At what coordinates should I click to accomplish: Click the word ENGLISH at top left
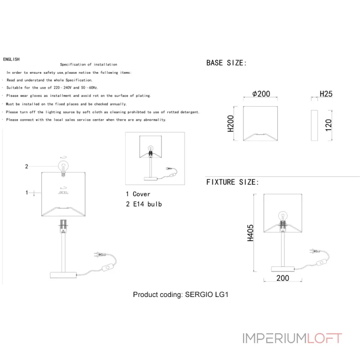(11, 59)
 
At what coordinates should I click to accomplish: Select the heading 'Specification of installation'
(89, 65)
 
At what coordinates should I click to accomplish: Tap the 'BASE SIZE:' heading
(226, 63)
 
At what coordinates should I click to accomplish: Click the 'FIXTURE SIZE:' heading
(232, 182)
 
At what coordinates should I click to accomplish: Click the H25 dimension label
(326, 94)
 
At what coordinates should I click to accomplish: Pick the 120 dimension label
(328, 124)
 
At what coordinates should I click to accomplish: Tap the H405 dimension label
(251, 233)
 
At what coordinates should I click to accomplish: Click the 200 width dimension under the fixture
(283, 279)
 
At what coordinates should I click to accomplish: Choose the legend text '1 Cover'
(138, 194)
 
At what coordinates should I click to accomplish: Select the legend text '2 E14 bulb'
(144, 204)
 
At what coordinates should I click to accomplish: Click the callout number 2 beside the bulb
(27, 166)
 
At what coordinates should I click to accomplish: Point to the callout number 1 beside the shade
(27, 193)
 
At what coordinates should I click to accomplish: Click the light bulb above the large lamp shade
(63, 165)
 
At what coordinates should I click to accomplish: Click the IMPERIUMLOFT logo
(292, 338)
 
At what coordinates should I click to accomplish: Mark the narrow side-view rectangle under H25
(314, 124)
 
